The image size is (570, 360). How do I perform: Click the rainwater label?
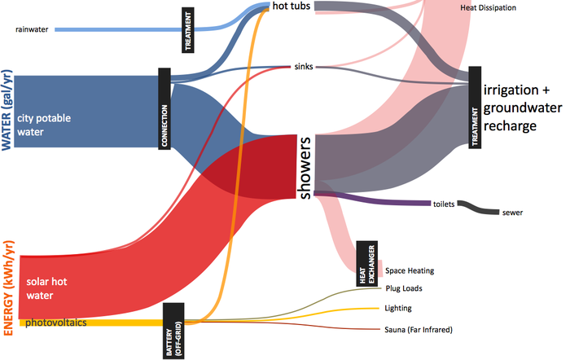pos(33,31)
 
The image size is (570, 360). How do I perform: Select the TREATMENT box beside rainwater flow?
pos(189,30)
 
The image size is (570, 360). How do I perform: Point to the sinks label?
pos(302,67)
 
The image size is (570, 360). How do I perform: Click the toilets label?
pos(444,203)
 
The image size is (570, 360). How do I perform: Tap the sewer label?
pos(513,213)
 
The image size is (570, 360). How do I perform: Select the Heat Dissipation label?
pos(488,7)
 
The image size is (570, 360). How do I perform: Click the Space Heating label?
pos(410,270)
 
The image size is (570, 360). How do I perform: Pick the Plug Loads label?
pos(403,288)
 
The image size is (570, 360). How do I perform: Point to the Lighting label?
pos(399,308)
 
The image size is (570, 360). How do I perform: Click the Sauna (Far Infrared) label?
pos(418,329)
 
